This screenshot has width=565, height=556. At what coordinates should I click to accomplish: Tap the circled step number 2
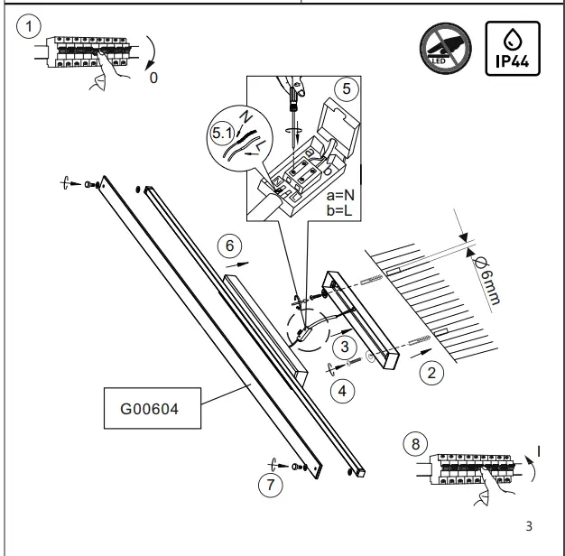[x=432, y=371]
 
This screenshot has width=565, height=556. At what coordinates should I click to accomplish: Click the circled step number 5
[x=344, y=89]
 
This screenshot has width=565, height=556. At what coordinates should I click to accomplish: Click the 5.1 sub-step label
[x=222, y=133]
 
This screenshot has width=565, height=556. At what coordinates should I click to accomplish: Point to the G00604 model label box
[x=150, y=408]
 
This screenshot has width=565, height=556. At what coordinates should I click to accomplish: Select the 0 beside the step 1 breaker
[x=153, y=79]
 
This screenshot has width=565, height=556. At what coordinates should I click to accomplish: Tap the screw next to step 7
[x=298, y=466]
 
